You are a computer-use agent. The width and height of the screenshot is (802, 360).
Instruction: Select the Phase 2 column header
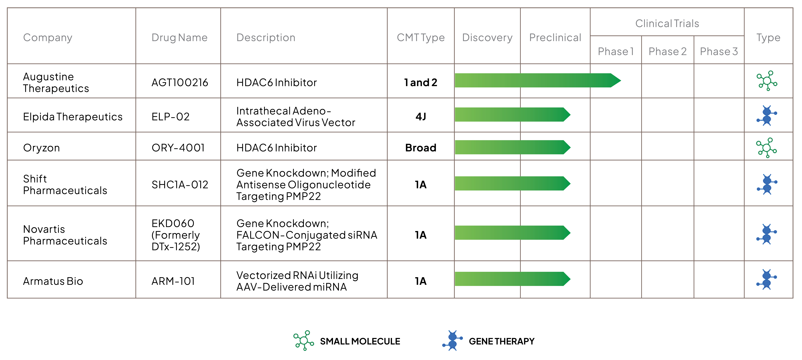[668, 51]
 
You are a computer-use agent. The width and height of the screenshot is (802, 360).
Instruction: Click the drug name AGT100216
[180, 82]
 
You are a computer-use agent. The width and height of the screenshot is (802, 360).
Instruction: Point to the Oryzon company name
[41, 148]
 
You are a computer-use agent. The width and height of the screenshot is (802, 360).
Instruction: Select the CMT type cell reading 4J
[421, 117]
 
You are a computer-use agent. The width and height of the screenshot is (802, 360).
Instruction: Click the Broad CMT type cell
[421, 148]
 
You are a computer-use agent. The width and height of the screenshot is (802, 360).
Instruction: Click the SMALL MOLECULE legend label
[360, 341]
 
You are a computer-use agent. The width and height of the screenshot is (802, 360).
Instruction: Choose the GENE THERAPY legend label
[502, 341]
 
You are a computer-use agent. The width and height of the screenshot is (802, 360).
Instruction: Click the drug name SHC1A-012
[180, 185]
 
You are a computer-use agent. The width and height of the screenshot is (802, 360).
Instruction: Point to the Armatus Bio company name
[53, 281]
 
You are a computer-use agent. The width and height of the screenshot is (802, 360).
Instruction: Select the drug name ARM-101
[173, 281]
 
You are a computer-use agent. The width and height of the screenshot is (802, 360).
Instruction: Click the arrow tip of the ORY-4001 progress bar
[570, 147]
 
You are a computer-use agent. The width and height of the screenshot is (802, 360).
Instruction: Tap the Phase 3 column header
[719, 51]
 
